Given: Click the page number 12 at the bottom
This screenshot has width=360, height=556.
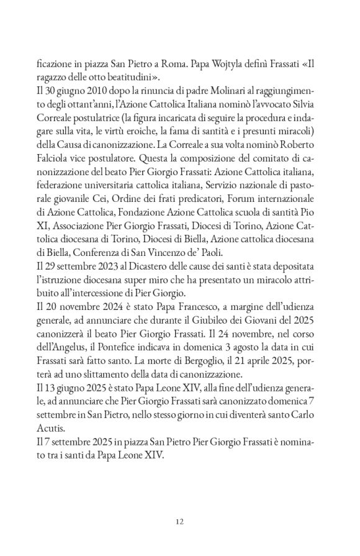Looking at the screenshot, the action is coord(179,521).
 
